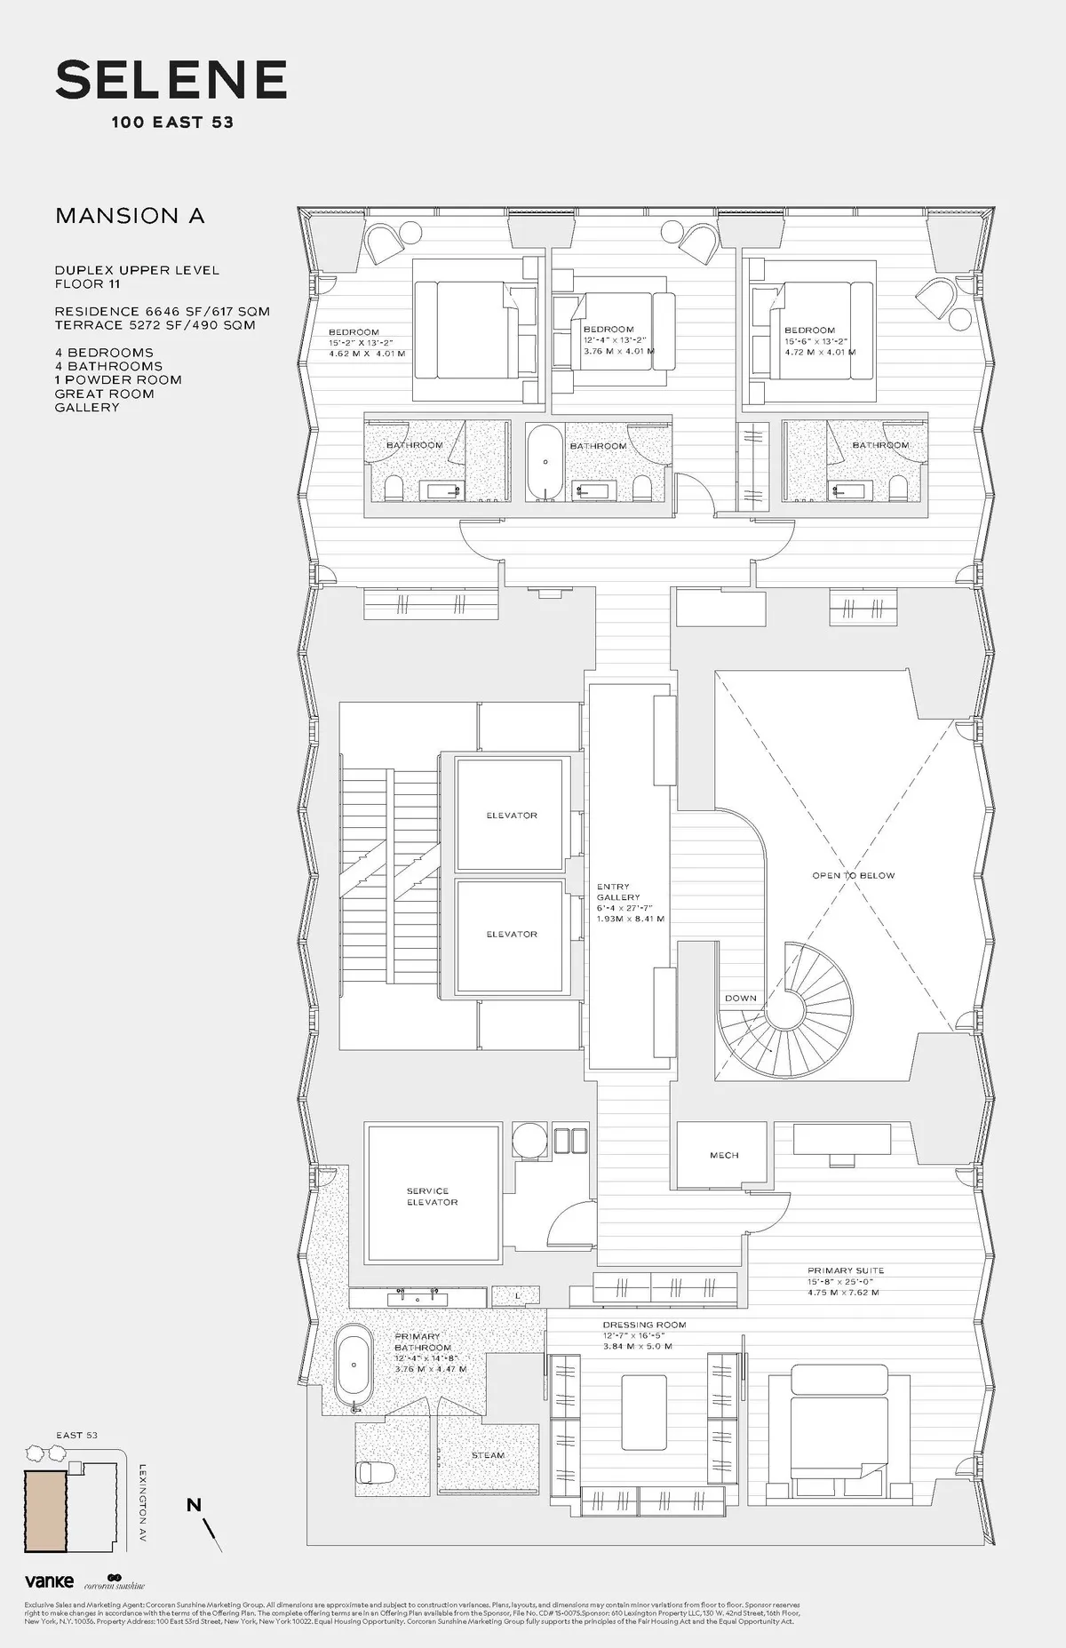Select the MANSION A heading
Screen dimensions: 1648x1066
point(130,216)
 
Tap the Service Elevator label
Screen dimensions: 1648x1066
point(433,1196)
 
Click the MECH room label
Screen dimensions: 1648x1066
point(724,1155)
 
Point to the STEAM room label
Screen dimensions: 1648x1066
point(488,1455)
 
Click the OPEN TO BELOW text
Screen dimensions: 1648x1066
point(853,875)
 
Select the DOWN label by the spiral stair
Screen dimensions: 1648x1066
point(740,998)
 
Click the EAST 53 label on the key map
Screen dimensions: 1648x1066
point(76,1435)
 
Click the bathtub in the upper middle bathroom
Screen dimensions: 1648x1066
point(545,463)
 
